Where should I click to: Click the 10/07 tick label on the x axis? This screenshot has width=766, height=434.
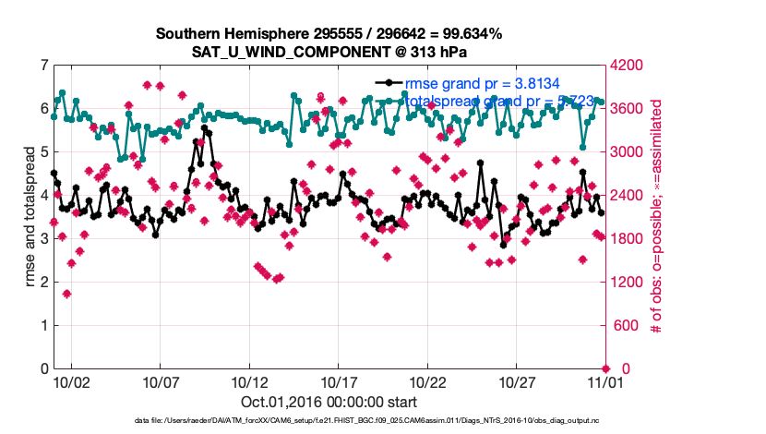point(160,380)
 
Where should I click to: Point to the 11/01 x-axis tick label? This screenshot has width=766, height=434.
point(605,380)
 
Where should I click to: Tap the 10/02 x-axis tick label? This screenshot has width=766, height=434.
point(71,380)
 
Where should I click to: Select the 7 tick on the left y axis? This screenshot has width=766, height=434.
point(43,66)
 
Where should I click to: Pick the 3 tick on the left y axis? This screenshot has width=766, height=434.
point(43,239)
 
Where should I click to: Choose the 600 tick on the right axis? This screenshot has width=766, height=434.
point(622,326)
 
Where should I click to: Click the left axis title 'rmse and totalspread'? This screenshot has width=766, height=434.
point(30,217)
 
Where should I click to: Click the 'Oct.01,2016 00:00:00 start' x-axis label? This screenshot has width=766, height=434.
point(329,402)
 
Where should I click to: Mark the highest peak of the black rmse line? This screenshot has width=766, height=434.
point(205,128)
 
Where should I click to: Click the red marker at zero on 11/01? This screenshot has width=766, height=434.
point(605,368)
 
